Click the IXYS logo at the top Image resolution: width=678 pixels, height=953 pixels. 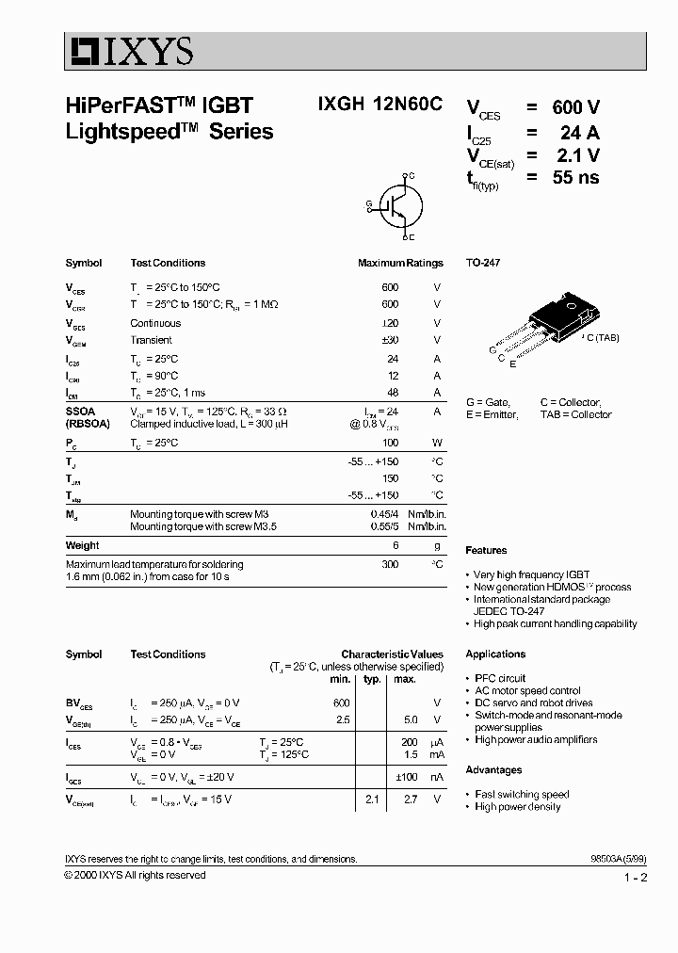(130, 51)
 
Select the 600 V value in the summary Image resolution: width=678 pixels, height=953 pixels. (575, 108)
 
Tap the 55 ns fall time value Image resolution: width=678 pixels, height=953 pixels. (575, 177)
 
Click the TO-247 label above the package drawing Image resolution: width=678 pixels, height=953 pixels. (483, 263)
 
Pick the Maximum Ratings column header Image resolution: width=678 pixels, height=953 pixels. (400, 263)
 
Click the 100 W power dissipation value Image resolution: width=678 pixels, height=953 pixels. (390, 443)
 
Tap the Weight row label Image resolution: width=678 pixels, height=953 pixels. (82, 545)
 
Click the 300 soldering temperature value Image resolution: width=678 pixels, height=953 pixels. (390, 564)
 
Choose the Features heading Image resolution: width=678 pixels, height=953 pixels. (486, 550)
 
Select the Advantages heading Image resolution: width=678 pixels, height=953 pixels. (493, 770)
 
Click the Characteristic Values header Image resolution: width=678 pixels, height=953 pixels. (392, 654)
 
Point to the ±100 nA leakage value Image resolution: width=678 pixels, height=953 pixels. (406, 777)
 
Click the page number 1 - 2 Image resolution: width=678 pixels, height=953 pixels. (636, 878)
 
